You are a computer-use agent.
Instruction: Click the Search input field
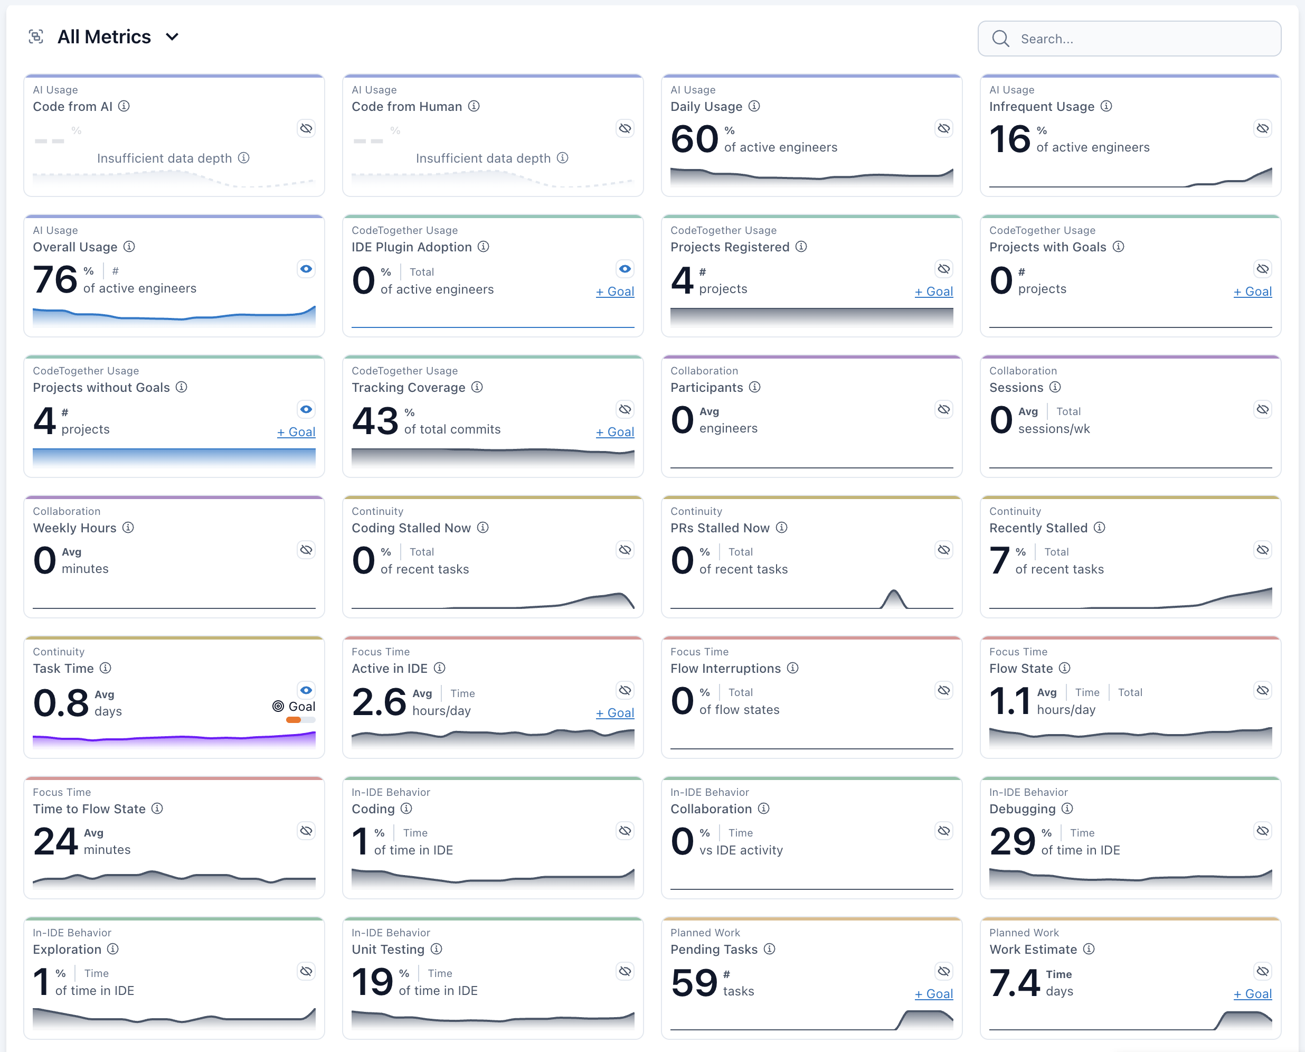(1139, 39)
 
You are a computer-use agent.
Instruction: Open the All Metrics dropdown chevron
(172, 37)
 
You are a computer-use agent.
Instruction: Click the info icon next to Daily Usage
(754, 106)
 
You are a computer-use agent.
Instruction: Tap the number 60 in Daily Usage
(694, 139)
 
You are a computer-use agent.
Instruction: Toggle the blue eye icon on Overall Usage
(307, 269)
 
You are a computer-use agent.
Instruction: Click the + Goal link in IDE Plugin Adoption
(614, 292)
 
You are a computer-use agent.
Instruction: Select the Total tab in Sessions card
(1068, 411)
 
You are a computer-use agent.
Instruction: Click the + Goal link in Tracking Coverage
(614, 432)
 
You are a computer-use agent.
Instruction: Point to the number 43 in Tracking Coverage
(375, 420)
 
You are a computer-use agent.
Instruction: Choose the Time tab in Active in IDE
(462, 693)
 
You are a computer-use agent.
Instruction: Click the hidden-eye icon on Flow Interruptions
(944, 691)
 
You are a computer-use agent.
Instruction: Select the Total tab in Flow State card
(1130, 692)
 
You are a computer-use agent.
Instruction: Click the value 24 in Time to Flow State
(55, 842)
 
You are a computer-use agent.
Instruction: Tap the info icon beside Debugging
(1067, 809)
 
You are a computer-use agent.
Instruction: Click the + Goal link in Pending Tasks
(934, 994)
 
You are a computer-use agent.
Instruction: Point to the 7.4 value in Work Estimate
(1014, 983)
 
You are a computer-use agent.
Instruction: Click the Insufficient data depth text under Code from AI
(164, 158)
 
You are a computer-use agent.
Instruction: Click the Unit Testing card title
(387, 950)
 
